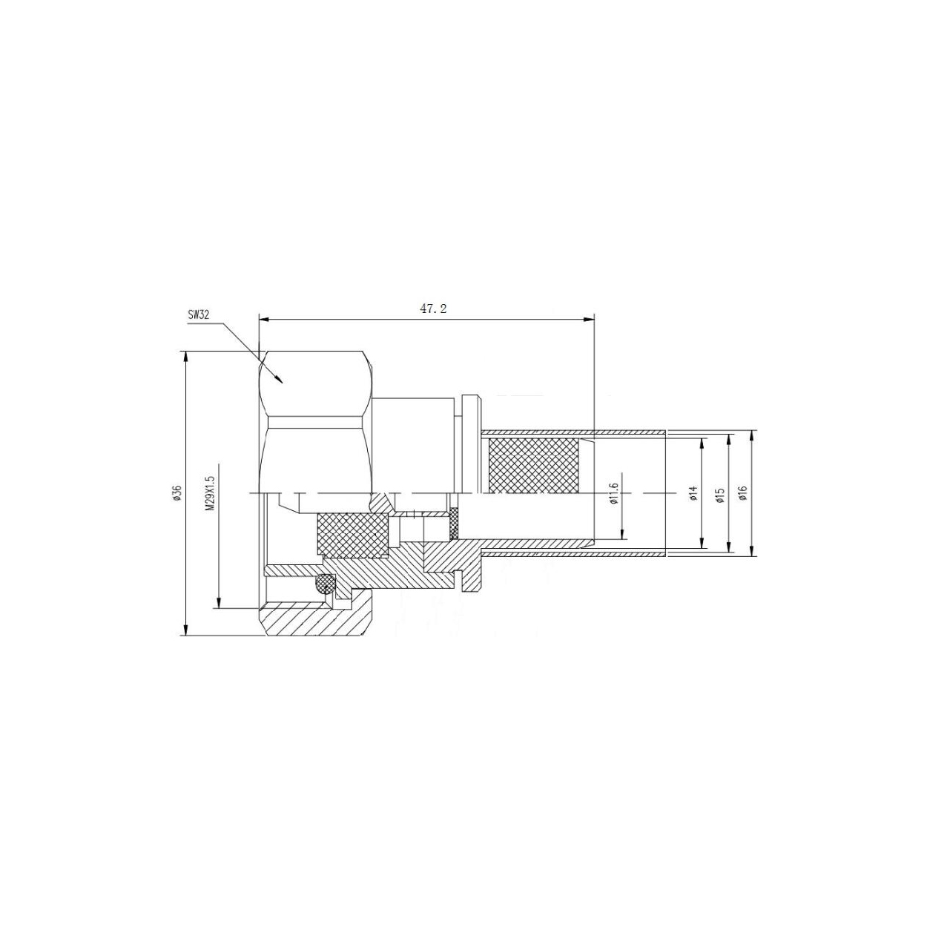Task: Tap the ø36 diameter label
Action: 177,494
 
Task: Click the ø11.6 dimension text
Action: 613,495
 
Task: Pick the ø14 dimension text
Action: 693,494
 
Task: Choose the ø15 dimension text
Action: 719,494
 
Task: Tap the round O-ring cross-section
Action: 325,585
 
